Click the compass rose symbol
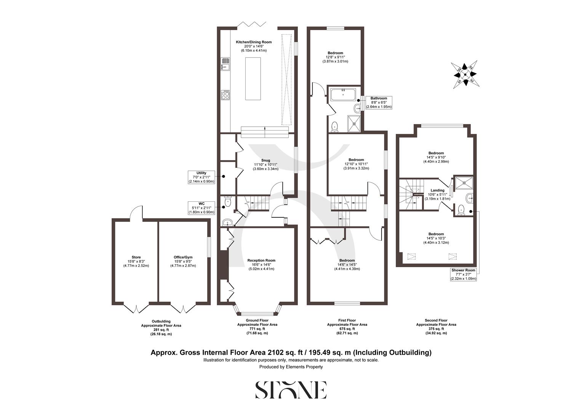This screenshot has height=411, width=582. coord(465,75)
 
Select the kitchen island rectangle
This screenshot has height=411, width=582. coord(253,78)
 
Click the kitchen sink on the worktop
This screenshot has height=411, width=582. coord(225,64)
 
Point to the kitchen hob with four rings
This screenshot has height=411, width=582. coord(225,95)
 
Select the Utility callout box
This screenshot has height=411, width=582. coord(201,177)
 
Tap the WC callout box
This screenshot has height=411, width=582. coord(201,208)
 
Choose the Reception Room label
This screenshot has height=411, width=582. coord(261,264)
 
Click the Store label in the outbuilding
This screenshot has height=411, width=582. coord(136,261)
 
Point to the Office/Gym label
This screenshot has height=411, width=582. coord(183,261)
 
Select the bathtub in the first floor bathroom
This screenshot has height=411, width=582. coord(343,94)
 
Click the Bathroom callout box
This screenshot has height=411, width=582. coord(379,103)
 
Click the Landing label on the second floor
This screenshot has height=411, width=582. coord(437,194)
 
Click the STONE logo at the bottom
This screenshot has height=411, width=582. coord(291,389)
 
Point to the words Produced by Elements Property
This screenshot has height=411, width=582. coord(291,367)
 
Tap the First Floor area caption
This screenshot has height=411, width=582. coord(347,327)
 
